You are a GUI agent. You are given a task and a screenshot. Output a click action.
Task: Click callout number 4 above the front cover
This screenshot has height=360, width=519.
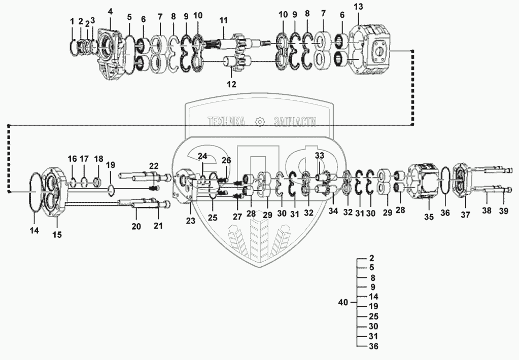(110, 11)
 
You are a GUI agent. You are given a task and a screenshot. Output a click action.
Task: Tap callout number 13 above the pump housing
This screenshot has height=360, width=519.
(358, 7)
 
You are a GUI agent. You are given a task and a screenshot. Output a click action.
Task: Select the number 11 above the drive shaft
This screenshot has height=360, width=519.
(223, 20)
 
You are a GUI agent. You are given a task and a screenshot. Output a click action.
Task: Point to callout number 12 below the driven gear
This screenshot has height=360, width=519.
(231, 85)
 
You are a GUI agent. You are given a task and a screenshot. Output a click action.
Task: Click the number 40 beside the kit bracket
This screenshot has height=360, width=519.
(343, 303)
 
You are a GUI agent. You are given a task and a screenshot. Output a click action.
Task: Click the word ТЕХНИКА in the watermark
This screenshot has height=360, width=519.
(226, 122)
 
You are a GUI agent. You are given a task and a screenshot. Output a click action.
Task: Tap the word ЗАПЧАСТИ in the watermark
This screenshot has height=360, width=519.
(294, 122)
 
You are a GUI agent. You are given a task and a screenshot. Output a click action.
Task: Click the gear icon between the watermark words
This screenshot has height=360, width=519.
(260, 122)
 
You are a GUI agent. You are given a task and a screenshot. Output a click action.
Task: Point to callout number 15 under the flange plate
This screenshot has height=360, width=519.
(57, 235)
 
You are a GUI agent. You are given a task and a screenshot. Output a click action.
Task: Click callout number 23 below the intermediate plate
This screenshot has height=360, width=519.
(190, 221)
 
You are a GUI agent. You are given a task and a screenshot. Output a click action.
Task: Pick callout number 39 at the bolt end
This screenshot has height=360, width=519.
(504, 211)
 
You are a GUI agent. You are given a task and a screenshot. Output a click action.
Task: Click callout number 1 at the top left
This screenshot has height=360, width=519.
(72, 21)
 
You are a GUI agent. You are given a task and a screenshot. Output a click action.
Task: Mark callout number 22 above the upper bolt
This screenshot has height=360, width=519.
(154, 165)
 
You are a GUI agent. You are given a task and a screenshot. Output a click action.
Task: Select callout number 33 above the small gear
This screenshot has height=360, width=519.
(320, 155)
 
